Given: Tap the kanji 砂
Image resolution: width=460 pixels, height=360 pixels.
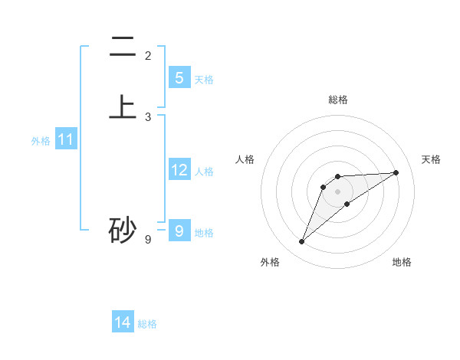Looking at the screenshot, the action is [x=123, y=231].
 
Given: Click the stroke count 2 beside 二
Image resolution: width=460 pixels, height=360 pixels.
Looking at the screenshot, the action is [x=148, y=56].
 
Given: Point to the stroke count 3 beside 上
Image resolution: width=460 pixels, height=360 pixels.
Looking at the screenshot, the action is [x=148, y=117].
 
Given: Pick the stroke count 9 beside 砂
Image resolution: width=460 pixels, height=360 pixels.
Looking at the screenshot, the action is [x=148, y=240].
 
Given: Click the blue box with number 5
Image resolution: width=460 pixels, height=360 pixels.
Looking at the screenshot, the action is [x=179, y=78].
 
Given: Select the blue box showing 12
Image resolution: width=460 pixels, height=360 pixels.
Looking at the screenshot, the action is [x=179, y=170].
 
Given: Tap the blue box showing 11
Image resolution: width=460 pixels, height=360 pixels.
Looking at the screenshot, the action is [x=65, y=139].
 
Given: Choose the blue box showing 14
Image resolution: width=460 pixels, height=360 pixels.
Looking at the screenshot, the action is [x=123, y=322].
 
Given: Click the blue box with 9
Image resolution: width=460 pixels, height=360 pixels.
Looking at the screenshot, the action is [x=179, y=231].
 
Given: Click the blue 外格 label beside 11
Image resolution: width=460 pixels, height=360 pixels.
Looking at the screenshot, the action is [x=41, y=141].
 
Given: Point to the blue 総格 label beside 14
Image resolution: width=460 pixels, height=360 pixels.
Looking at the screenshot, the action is [x=147, y=324].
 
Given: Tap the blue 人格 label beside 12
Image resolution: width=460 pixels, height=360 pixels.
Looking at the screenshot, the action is [x=204, y=172].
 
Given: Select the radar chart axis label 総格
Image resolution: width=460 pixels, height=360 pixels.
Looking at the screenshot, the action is [x=338, y=100].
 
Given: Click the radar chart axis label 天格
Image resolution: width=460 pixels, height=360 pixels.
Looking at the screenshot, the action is [x=431, y=159].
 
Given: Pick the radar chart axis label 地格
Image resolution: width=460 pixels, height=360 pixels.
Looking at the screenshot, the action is [x=402, y=262].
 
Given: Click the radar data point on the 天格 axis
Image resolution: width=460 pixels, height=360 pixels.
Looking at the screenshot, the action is [x=396, y=172].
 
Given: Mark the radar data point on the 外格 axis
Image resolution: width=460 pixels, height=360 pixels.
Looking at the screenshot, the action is [x=301, y=242].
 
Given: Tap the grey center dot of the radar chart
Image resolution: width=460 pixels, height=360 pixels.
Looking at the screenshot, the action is [x=338, y=191].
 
